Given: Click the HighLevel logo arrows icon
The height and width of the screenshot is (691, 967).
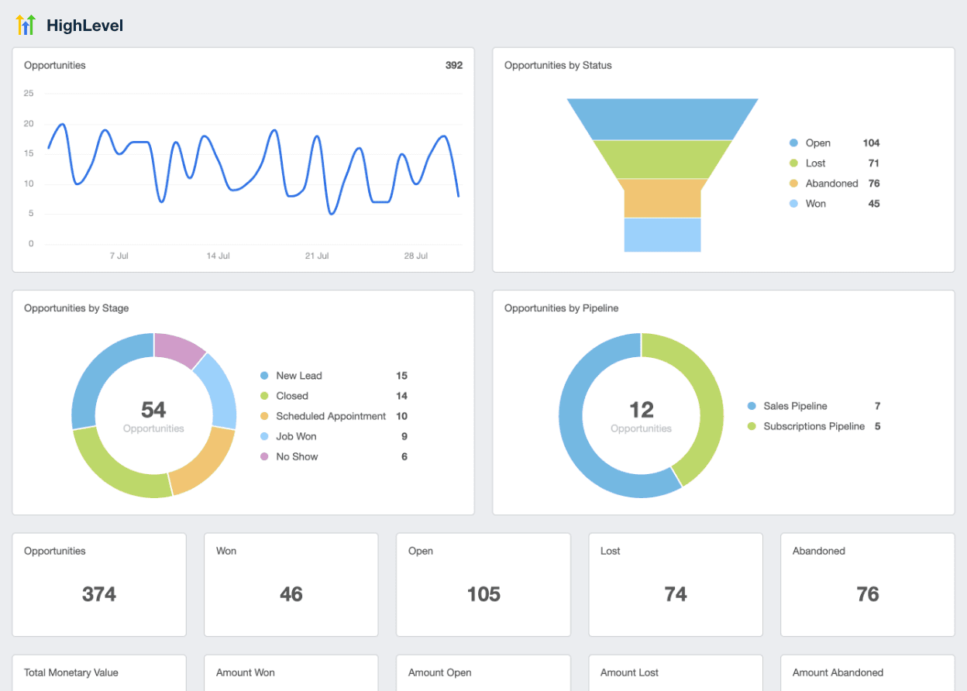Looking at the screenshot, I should [x=26, y=25].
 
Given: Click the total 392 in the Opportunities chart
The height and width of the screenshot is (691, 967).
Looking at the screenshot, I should [x=453, y=66].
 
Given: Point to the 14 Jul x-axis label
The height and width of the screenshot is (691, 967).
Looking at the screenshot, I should [x=218, y=256].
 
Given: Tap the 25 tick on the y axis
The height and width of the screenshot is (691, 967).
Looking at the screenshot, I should [x=29, y=94].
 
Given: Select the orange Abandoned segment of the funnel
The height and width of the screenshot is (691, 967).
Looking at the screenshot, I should [x=662, y=198].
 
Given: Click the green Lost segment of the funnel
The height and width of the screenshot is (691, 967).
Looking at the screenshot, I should [x=662, y=159].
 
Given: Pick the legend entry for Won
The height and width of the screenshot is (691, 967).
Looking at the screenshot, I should [x=815, y=204].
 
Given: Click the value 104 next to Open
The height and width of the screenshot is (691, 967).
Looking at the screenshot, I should [x=871, y=143].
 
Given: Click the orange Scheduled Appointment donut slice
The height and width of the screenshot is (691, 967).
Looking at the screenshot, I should [x=203, y=463].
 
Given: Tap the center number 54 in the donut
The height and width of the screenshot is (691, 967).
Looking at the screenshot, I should [x=153, y=410].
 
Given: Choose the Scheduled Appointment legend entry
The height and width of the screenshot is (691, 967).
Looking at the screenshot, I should [x=330, y=416].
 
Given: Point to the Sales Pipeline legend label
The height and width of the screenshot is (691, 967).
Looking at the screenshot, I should [x=795, y=406].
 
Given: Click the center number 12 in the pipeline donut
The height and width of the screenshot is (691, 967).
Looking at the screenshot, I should [x=641, y=410].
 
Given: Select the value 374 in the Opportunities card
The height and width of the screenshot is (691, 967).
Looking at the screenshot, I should [x=99, y=594].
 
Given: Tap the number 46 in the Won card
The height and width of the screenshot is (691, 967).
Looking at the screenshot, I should [x=291, y=594].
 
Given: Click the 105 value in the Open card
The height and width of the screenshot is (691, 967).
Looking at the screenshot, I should [x=483, y=594].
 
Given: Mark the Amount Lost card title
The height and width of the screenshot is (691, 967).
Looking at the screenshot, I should [x=629, y=672].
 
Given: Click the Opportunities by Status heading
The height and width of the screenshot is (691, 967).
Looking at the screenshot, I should [x=558, y=66].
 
